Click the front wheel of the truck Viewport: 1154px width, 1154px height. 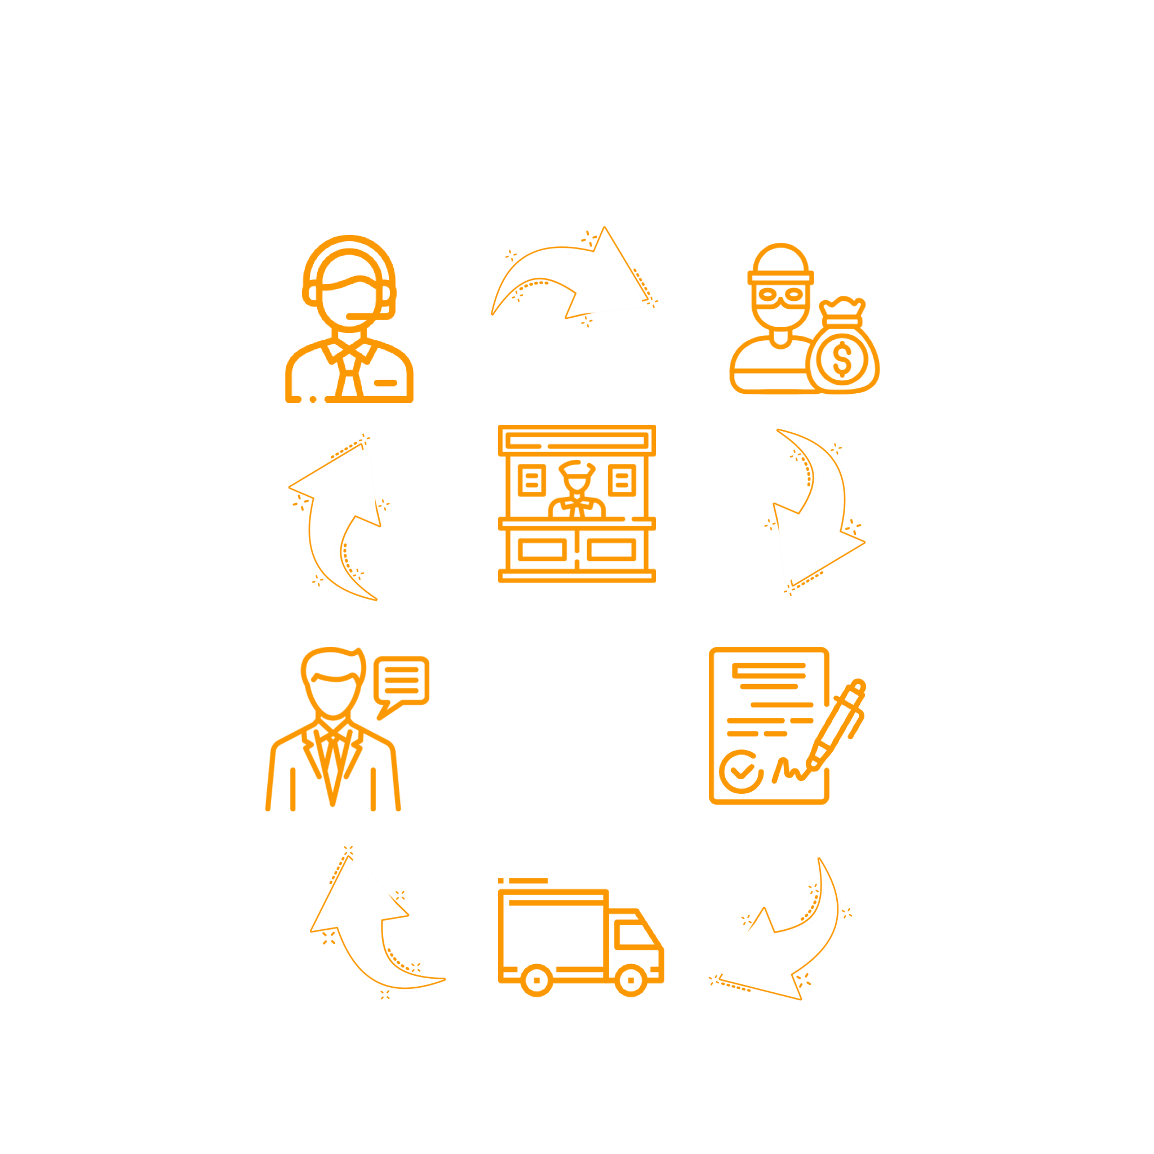coord(631,980)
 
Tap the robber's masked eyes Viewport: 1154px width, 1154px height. coord(779,294)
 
